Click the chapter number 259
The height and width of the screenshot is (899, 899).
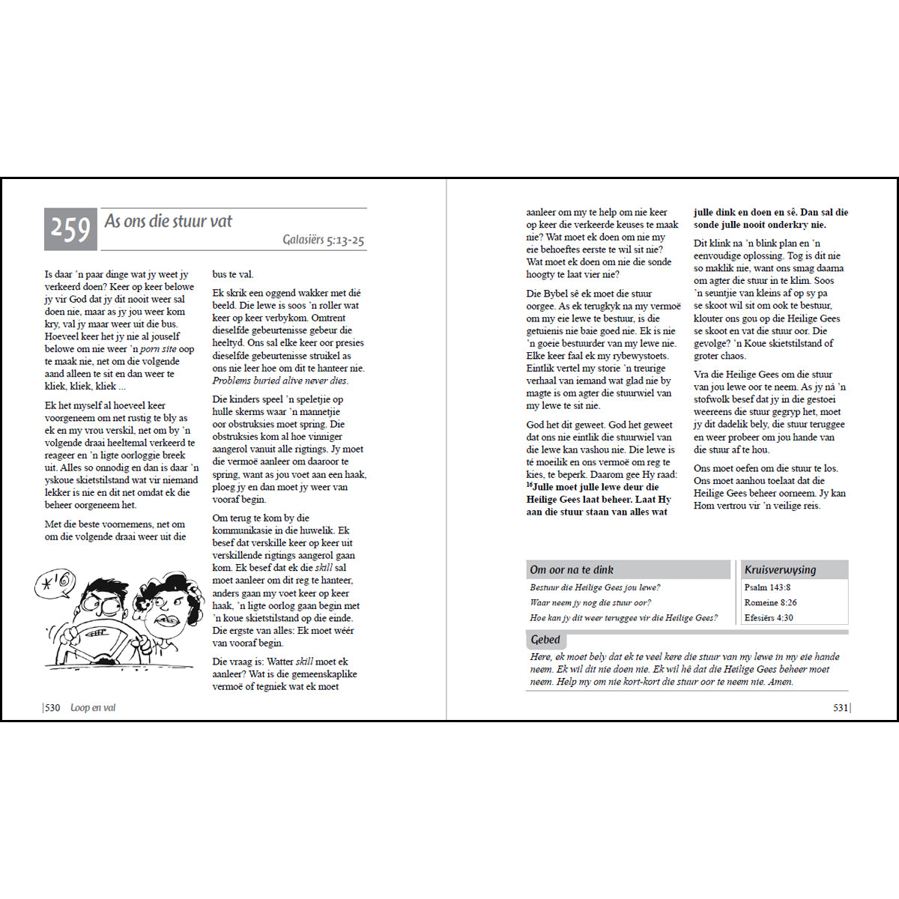pos(70,228)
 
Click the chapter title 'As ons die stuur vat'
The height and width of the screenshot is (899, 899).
pos(169,221)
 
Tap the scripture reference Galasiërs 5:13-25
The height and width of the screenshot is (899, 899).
pos(323,240)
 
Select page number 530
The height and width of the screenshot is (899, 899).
pos(52,708)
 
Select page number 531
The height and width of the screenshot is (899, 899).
pos(841,708)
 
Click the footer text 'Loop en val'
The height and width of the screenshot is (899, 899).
pos(93,708)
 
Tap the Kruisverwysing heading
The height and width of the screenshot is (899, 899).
pos(780,569)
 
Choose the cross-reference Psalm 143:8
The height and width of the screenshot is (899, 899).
pos(767,587)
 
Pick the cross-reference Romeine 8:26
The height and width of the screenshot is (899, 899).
pos(770,602)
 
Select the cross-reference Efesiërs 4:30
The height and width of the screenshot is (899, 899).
pos(769,618)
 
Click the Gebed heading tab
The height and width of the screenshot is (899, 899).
pos(545,640)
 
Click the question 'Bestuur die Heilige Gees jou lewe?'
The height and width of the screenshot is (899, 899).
pos(595,587)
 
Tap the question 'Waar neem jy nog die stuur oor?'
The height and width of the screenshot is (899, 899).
pos(590,602)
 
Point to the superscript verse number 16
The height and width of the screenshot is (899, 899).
pos(529,485)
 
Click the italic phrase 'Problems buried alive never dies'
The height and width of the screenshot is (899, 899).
pos(279,381)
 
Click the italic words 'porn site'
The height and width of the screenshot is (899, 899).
pos(158,349)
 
